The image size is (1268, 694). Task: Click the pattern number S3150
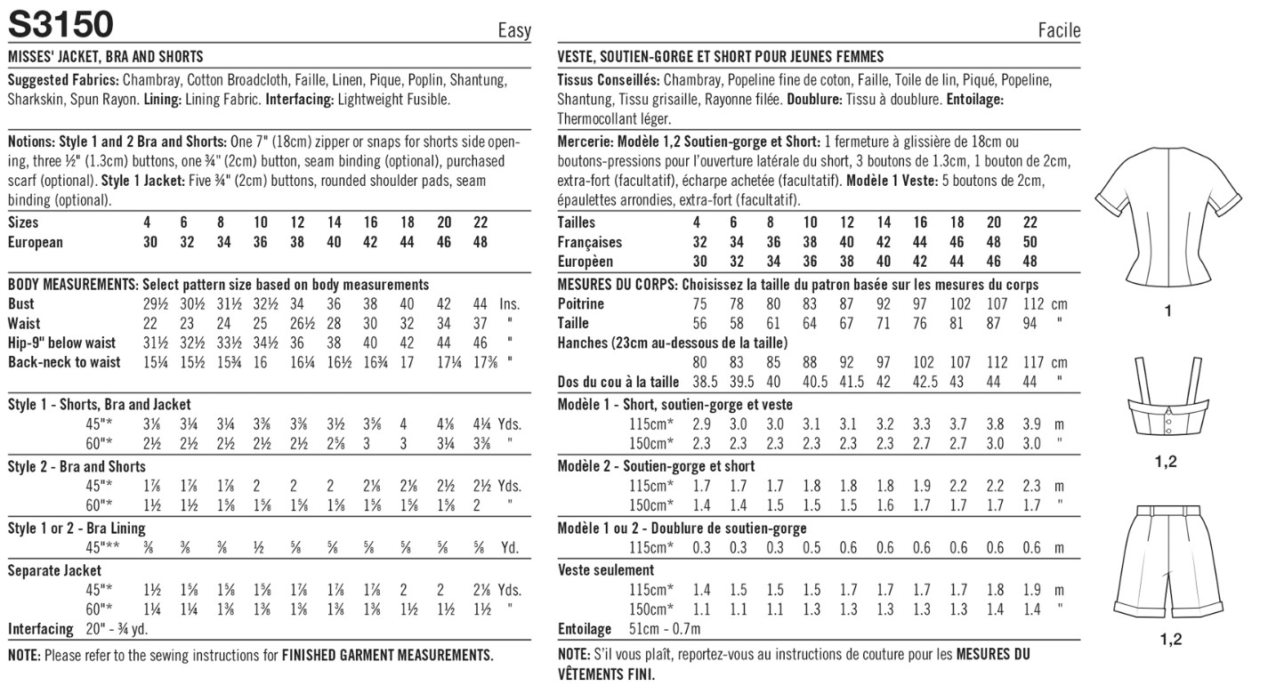[60, 24]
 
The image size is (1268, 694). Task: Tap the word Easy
[514, 31]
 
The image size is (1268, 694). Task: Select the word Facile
[1059, 31]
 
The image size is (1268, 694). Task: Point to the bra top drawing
[1167, 409]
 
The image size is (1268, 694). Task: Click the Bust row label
[20, 304]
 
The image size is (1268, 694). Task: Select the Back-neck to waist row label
[62, 363]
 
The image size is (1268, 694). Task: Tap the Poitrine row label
[581, 304]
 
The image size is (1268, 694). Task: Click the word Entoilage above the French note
[585, 629]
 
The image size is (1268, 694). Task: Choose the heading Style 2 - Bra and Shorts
[77, 466]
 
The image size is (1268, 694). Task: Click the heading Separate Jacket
[54, 570]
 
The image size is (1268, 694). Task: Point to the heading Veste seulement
[606, 570]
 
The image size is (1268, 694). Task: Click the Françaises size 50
[1030, 242]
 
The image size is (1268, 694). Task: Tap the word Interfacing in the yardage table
[41, 629]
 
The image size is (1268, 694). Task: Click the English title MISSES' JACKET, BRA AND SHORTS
[105, 56]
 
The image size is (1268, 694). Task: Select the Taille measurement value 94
[1030, 324]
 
